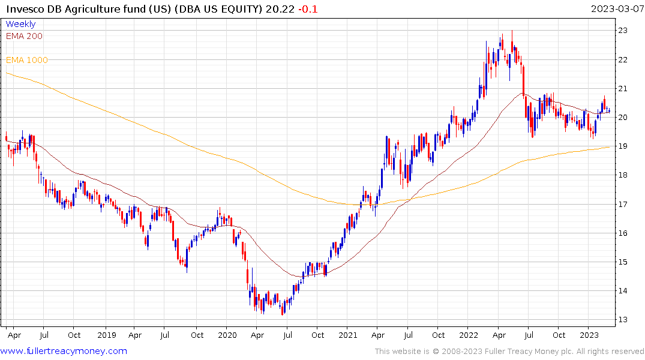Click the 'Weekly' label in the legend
point(20,24)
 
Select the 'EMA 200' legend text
point(24,36)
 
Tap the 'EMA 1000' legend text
point(27,60)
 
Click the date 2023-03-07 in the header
point(616,9)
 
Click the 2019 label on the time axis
point(106,335)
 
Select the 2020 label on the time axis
point(227,335)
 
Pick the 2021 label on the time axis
point(349,335)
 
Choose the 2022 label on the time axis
point(469,335)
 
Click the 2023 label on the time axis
point(589,335)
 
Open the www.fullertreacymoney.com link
point(64,351)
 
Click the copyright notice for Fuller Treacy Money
point(509,352)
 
